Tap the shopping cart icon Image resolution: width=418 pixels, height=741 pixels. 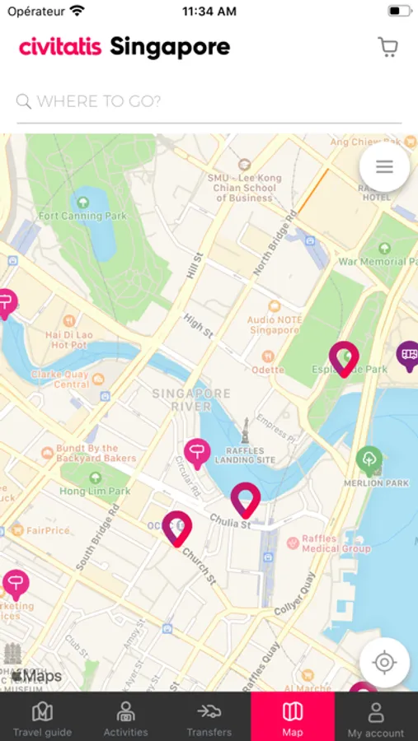(x=387, y=47)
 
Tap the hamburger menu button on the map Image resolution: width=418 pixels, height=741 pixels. (x=384, y=167)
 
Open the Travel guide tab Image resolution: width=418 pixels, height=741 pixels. (x=42, y=718)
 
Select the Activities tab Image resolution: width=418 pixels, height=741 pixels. (x=125, y=718)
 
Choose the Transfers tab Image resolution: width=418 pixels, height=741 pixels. (x=209, y=718)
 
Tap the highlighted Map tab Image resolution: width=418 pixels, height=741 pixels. (x=293, y=718)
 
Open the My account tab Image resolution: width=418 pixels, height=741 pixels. (x=376, y=718)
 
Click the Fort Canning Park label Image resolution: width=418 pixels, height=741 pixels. (x=82, y=216)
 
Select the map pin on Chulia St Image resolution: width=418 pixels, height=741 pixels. (x=245, y=499)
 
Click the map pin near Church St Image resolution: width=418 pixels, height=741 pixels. (x=176, y=528)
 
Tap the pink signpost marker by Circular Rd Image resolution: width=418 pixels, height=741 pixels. (x=196, y=453)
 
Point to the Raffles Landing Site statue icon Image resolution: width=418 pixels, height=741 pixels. (x=245, y=429)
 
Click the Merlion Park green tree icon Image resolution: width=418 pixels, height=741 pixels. (x=369, y=458)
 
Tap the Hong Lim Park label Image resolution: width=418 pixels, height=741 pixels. (x=95, y=491)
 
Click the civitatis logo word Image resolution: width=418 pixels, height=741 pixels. (x=60, y=47)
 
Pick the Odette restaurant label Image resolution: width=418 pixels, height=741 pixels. (x=267, y=370)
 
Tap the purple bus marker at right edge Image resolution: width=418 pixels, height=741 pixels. (x=407, y=356)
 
